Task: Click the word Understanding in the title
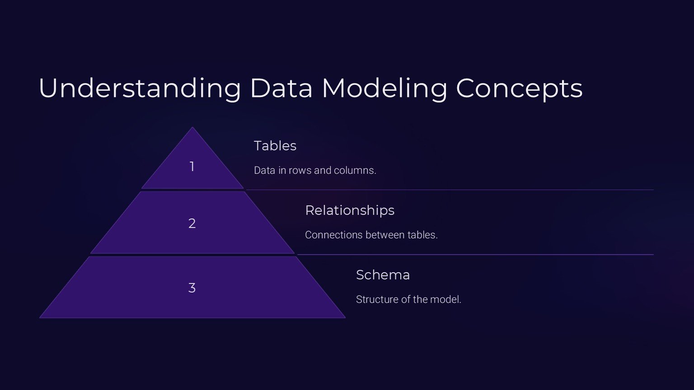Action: [140, 88]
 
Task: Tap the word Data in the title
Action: [281, 88]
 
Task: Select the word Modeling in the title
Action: [384, 88]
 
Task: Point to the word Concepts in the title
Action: [519, 88]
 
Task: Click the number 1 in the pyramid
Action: [192, 167]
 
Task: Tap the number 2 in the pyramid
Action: [192, 223]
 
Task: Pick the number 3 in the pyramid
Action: [192, 288]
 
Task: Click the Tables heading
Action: [275, 146]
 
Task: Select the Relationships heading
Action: [350, 210]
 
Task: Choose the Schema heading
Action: [383, 275]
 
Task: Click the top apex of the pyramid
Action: [192, 129]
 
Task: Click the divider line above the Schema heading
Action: [474, 255]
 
